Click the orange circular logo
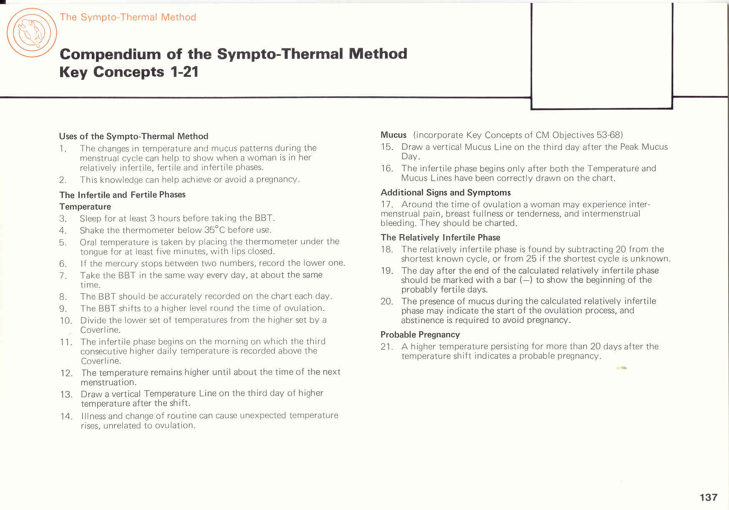click(x=32, y=32)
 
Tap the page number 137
click(x=708, y=497)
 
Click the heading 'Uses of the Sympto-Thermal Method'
click(x=133, y=136)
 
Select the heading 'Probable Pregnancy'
click(x=420, y=335)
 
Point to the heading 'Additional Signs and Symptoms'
click(x=445, y=192)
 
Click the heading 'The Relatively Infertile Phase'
click(x=440, y=237)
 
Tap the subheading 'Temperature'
click(x=85, y=207)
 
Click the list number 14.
click(x=66, y=416)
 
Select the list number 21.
click(x=387, y=347)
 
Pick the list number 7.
click(x=63, y=275)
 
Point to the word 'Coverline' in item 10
click(x=100, y=330)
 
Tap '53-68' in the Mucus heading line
click(x=609, y=135)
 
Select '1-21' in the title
click(x=184, y=72)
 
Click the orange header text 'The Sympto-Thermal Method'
click(x=128, y=17)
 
